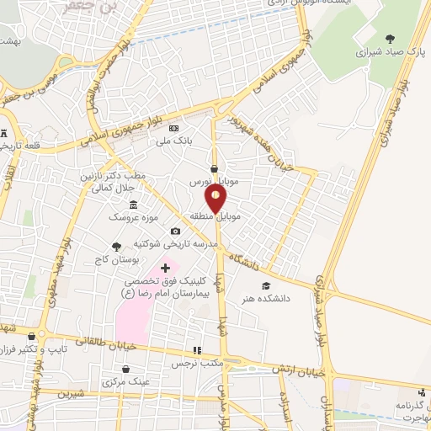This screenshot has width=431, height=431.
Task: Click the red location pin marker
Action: click(216, 199)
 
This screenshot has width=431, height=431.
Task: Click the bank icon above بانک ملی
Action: click(173, 128)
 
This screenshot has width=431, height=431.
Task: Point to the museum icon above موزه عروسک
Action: click(133, 205)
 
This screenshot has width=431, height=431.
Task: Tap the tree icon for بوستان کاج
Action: click(117, 247)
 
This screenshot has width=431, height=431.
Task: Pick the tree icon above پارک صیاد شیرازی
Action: click(389, 38)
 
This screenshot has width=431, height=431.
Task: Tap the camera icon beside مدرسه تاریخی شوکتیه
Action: click(175, 231)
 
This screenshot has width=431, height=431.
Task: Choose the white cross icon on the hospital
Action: click(165, 268)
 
